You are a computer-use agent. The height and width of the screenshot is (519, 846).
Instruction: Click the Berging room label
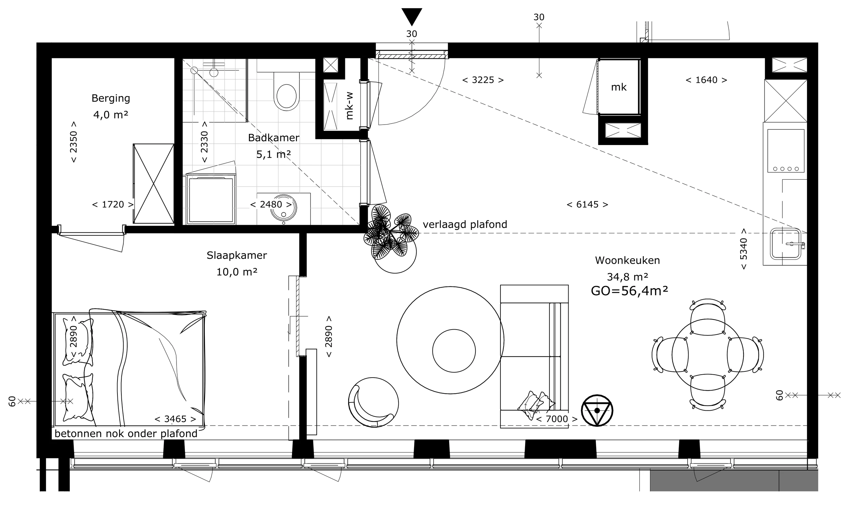point(111,99)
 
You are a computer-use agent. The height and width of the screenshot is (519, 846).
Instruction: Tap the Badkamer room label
point(274,138)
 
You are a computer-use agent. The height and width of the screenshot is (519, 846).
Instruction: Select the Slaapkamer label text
point(237,255)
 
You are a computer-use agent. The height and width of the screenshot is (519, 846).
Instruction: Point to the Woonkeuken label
point(627,260)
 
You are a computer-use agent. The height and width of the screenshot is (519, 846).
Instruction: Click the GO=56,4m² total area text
point(629,291)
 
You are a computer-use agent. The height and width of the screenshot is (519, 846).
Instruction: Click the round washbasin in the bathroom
point(283,208)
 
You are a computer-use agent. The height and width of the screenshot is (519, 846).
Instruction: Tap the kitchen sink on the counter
point(786,244)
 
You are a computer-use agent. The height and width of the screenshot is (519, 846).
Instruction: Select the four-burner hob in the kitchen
point(786,151)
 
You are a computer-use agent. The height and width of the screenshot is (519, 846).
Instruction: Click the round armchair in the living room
point(374,402)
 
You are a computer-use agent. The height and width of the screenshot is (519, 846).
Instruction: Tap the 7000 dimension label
point(557,419)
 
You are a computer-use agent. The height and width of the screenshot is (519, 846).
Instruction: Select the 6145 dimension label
point(587,205)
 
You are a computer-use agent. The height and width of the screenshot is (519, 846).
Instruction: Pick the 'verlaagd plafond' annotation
point(465,224)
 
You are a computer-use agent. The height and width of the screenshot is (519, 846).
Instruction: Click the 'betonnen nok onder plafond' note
point(126,434)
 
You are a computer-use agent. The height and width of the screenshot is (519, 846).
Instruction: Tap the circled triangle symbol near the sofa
point(597,411)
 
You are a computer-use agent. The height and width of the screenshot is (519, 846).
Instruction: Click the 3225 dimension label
point(483,80)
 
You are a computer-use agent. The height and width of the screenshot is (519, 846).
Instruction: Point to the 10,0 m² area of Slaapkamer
point(237,272)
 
